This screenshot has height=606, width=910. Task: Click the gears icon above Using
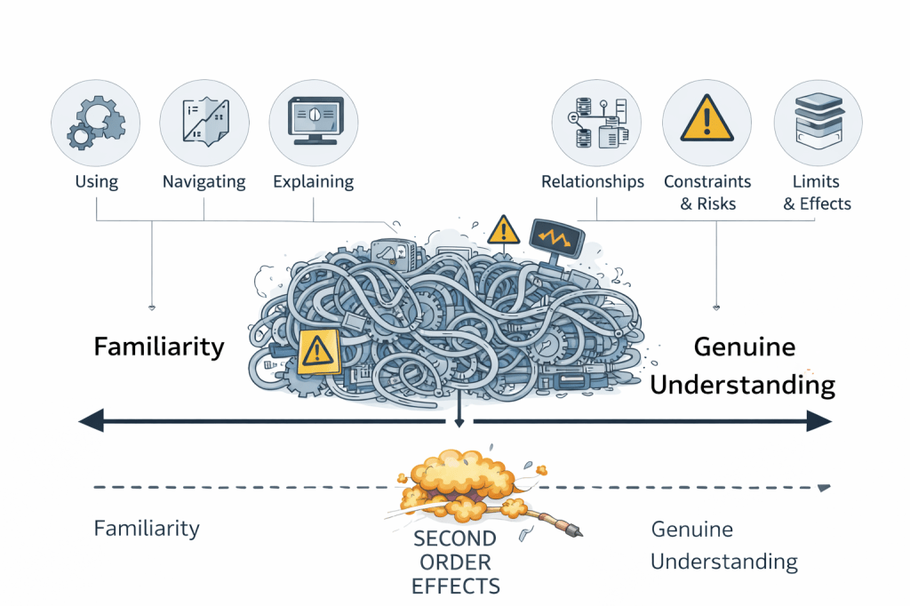click(x=96, y=124)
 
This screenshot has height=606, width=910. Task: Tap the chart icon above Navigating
click(x=204, y=124)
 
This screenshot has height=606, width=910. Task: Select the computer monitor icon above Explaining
click(x=314, y=124)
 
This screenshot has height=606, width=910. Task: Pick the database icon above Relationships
click(x=593, y=124)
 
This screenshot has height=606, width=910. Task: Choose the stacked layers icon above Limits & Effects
click(x=817, y=124)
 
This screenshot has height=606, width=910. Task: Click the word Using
click(x=96, y=182)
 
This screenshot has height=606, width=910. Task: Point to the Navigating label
click(x=204, y=182)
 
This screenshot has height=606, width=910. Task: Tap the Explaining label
click(x=314, y=182)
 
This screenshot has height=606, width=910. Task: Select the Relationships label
click(x=593, y=182)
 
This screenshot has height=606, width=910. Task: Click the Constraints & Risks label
click(x=707, y=192)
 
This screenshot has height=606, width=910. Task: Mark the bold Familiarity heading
click(x=159, y=346)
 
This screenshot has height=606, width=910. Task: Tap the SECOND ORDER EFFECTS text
click(x=455, y=562)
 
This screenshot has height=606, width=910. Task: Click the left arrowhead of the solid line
click(x=90, y=420)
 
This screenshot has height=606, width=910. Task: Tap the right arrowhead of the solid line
click(x=820, y=420)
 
